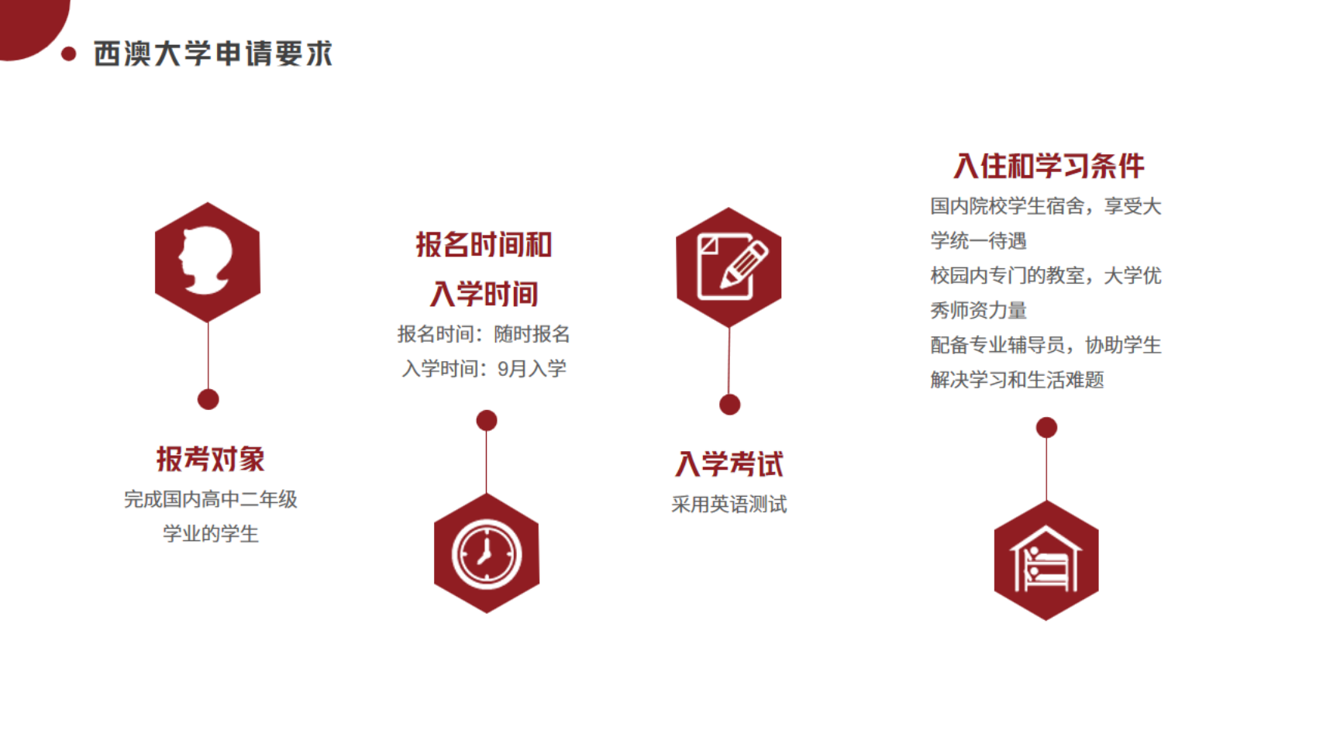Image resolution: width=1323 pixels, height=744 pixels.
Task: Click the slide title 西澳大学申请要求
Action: point(213,53)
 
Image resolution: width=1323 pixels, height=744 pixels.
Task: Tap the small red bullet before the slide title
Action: point(68,53)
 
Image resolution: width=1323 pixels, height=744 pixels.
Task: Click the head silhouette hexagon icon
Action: point(207,262)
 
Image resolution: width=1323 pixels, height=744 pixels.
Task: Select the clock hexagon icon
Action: point(486,553)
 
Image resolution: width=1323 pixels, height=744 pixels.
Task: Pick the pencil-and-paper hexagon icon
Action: point(729,267)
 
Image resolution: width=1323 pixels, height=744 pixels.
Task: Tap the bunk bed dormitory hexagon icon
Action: point(1046,560)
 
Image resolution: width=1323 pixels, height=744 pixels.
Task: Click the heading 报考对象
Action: point(210,459)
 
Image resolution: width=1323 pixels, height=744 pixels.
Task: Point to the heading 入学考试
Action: point(729,463)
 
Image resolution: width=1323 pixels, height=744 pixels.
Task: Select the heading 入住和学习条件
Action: point(1049,165)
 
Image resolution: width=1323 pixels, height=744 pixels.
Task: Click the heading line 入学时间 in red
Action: point(484,294)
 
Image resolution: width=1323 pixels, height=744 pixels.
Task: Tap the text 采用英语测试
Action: point(729,505)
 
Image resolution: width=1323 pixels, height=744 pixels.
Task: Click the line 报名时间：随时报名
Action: point(484,334)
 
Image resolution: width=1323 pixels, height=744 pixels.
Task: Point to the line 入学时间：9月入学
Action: point(484,369)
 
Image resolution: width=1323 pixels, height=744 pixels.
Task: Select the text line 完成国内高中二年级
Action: point(210,500)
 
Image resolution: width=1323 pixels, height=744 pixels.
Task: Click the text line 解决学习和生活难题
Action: point(1017,380)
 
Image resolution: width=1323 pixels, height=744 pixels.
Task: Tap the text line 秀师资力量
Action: point(978,310)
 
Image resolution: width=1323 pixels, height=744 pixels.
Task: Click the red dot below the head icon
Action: point(208,399)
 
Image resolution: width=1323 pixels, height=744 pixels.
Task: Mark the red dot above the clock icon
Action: point(487,420)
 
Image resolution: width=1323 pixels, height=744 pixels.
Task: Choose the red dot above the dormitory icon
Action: point(1046,427)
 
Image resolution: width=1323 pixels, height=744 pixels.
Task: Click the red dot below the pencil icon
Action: point(729,405)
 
